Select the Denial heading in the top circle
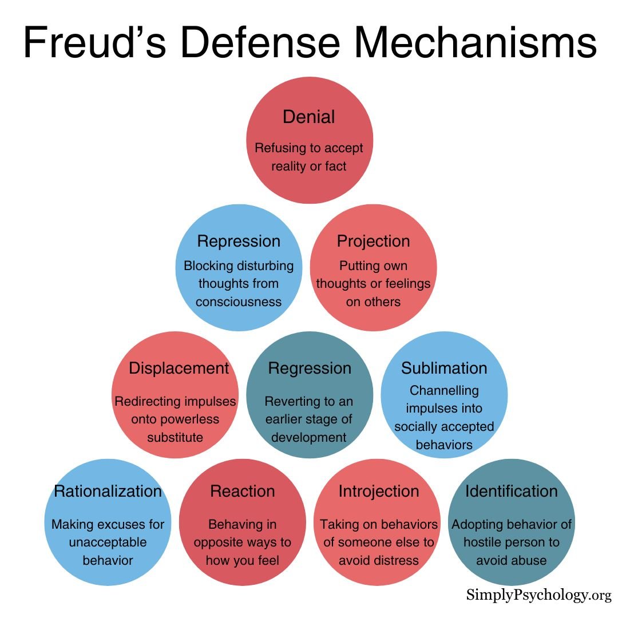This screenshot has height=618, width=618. click(x=309, y=117)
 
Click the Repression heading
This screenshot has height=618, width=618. click(x=239, y=241)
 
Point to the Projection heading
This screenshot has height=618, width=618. click(x=373, y=241)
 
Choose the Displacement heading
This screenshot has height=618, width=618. click(x=179, y=368)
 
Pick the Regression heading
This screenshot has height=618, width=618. click(x=310, y=368)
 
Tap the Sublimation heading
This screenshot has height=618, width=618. click(x=444, y=368)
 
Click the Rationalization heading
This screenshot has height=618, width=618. click(x=108, y=491)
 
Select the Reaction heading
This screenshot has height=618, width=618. click(x=243, y=491)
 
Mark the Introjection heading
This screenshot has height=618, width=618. click(x=378, y=491)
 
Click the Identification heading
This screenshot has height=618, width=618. click(x=511, y=491)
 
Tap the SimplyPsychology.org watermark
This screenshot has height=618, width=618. click(x=538, y=595)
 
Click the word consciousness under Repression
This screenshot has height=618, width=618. click(x=239, y=302)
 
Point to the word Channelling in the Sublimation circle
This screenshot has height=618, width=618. click(x=444, y=390)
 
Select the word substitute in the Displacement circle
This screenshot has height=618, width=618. click(x=175, y=437)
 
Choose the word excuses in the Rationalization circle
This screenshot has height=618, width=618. click(x=122, y=524)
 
